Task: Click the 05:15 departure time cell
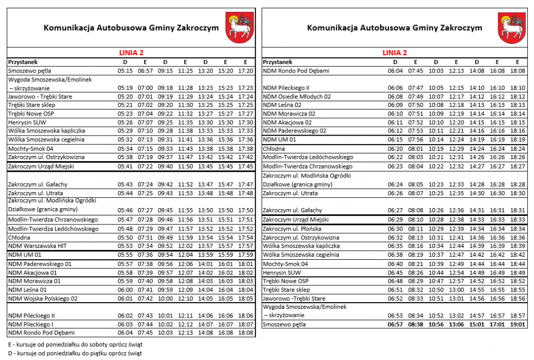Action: (125, 71)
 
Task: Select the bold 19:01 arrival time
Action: (518, 324)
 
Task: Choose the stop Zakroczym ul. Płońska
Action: (292, 229)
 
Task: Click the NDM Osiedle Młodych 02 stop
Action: (297, 97)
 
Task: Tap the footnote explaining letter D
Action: (75, 353)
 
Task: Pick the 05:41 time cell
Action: (125, 166)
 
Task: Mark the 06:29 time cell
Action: (395, 220)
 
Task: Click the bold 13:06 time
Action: (456, 324)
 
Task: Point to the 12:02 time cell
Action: (186, 246)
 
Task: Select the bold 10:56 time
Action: (436, 324)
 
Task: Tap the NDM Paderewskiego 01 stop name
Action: (40, 264)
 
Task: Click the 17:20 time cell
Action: (246, 71)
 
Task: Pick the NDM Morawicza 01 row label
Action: (34, 281)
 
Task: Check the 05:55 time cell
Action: (125, 255)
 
